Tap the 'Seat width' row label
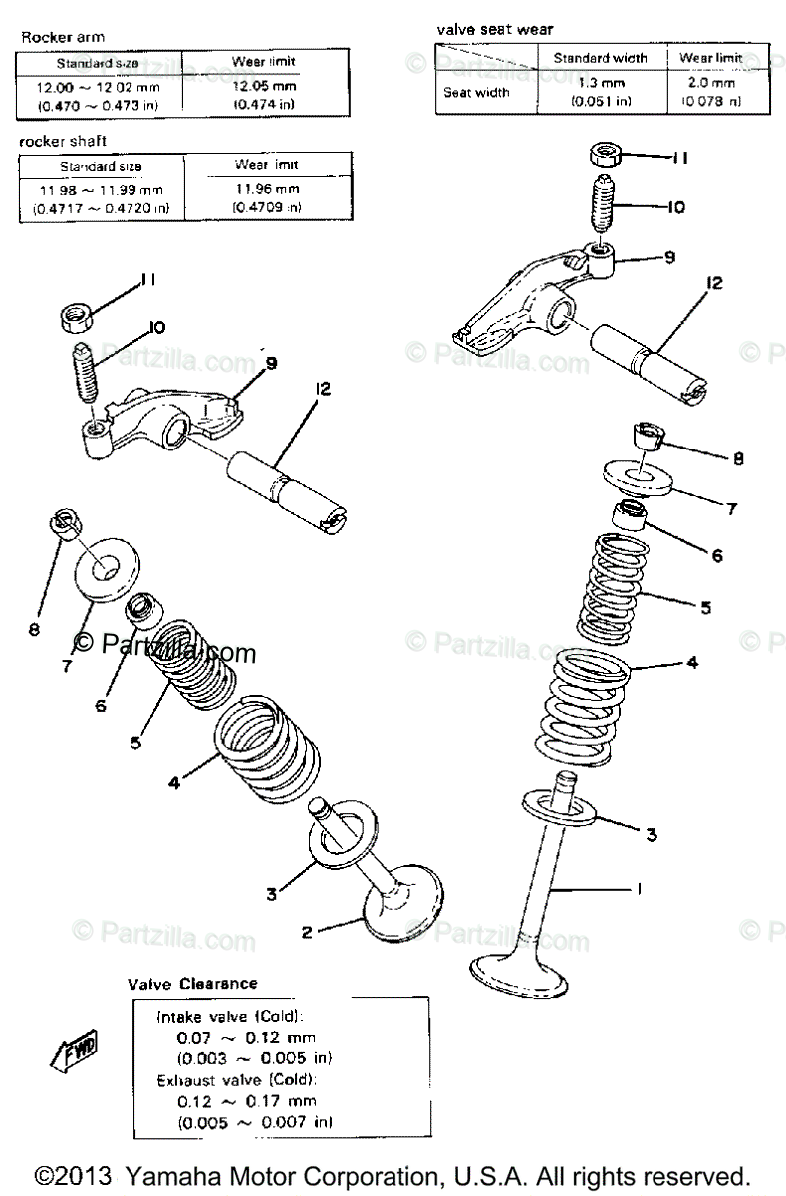pos(476,92)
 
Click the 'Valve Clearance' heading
pos(192,983)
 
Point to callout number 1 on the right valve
pos(639,887)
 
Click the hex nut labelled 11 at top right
pos(607,154)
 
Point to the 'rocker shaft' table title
pos(63,142)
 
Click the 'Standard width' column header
pos(600,58)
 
